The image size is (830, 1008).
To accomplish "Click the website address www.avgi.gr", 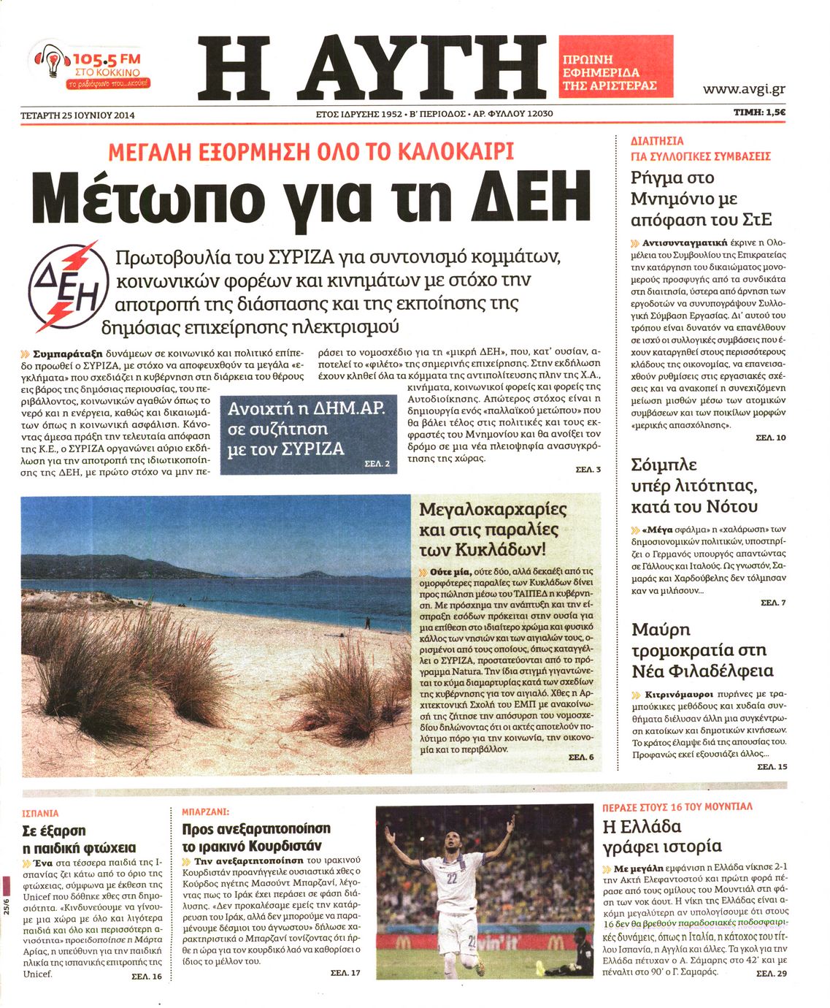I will coord(743,89).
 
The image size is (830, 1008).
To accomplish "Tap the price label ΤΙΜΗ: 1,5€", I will coord(758,112).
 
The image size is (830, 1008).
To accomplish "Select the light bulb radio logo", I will coord(51,65).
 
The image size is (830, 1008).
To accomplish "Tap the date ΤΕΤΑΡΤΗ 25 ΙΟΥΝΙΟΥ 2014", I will coord(78,115).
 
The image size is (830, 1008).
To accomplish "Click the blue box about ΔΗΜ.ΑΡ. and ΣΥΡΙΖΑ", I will coord(309,434).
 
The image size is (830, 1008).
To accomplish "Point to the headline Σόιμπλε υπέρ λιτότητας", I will coord(693,486).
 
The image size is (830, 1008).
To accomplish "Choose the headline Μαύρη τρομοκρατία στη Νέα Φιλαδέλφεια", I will coord(702,650).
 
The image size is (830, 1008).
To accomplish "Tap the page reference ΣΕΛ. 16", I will coord(147,976).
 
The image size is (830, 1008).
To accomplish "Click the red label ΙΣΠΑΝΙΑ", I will coord(41,813).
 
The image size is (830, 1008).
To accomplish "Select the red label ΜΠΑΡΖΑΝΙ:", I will coord(205,812).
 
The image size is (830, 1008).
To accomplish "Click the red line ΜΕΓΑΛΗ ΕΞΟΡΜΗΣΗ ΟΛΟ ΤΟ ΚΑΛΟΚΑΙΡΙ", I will coord(311,151).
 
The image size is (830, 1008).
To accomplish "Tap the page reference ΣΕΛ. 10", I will coord(771,438).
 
